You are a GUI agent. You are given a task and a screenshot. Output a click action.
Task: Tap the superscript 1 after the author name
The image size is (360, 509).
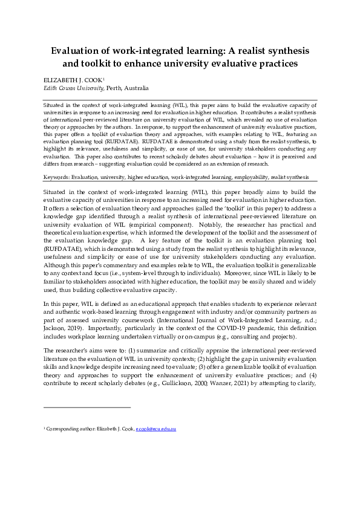(104, 79)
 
